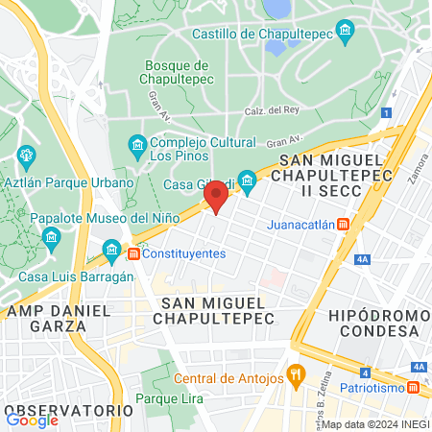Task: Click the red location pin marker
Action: click(216, 198)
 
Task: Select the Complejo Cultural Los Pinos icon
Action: click(137, 145)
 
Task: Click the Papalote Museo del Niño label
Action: click(106, 218)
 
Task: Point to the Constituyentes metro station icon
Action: click(133, 253)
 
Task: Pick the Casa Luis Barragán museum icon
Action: click(112, 253)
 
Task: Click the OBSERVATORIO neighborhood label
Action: click(68, 410)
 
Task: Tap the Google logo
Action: click(33, 420)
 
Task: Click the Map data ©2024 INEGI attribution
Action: click(374, 424)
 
